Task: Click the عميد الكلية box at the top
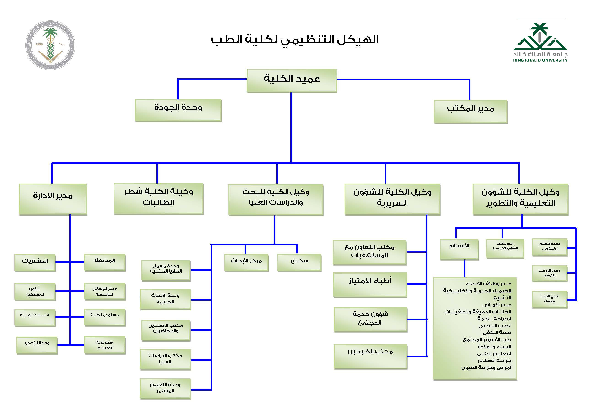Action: pyautogui.click(x=291, y=80)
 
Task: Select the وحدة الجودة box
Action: pyautogui.click(x=178, y=110)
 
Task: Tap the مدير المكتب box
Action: pyautogui.click(x=470, y=111)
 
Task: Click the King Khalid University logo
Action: pyautogui.click(x=540, y=43)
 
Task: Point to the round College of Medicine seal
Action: pyautogui.click(x=50, y=45)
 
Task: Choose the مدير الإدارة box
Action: pyautogui.click(x=53, y=199)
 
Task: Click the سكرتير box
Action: pyautogui.click(x=299, y=262)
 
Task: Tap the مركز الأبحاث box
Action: pyautogui.click(x=246, y=262)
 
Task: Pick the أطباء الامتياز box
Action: pyautogui.click(x=370, y=284)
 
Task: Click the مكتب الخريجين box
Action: pyautogui.click(x=370, y=356)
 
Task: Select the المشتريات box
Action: pyautogui.click(x=35, y=262)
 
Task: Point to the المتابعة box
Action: pyautogui.click(x=105, y=262)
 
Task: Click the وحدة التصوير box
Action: pyautogui.click(x=37, y=345)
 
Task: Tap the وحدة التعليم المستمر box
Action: pyautogui.click(x=165, y=388)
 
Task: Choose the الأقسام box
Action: pyautogui.click(x=459, y=249)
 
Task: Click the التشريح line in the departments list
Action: pyautogui.click(x=502, y=298)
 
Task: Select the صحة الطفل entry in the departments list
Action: pyautogui.click(x=497, y=333)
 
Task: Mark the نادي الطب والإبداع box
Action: pyautogui.click(x=549, y=299)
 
